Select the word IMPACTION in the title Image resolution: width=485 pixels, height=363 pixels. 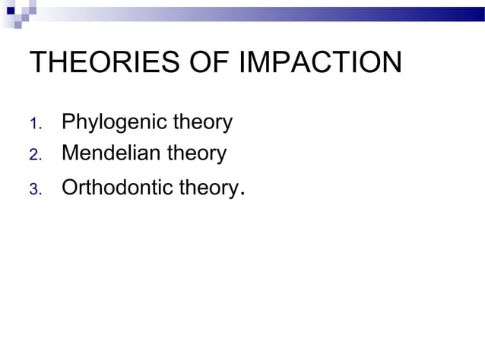point(320,62)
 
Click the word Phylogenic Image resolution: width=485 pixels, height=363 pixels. point(114,122)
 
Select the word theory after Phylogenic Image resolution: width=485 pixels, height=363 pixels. point(203,122)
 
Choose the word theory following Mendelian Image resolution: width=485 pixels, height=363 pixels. point(197,154)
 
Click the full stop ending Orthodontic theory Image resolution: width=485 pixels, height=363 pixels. point(241,193)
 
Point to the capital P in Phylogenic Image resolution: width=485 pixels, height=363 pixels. point(68,122)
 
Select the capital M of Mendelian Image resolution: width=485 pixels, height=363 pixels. point(69,153)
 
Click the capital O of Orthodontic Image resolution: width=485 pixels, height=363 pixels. point(69,187)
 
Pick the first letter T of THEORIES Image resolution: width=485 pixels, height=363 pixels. point(37,62)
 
